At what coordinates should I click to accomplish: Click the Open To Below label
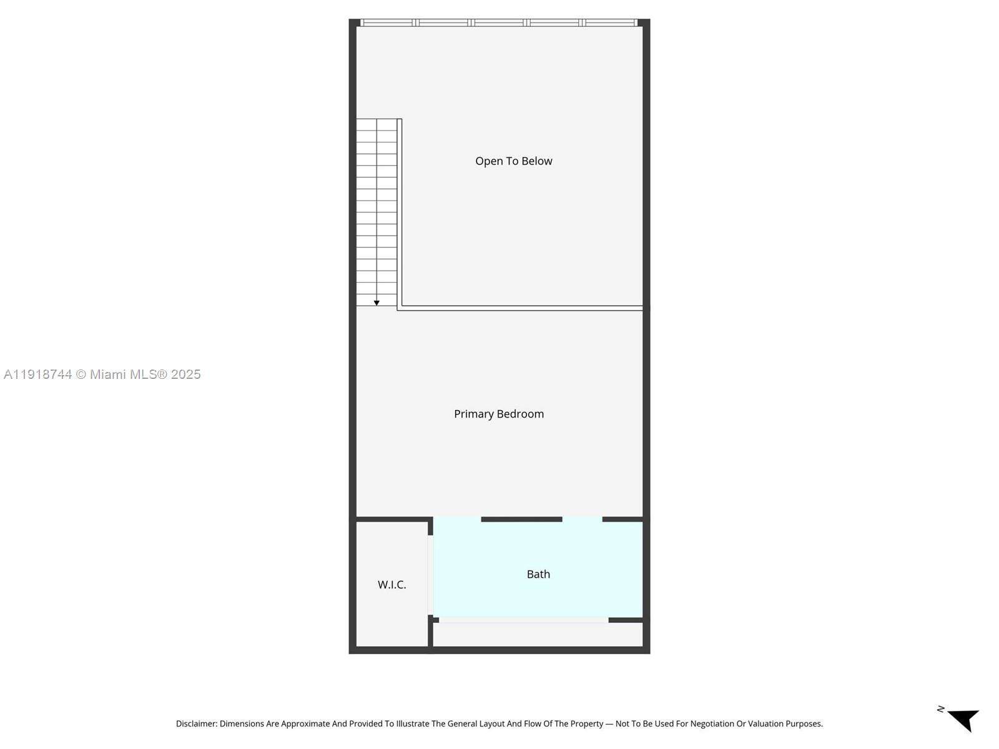click(513, 161)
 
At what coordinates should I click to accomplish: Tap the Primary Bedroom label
click(499, 414)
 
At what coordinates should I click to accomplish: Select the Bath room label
click(538, 574)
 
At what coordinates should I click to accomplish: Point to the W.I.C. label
click(392, 584)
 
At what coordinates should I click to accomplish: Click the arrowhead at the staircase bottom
click(376, 303)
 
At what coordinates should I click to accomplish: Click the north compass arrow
click(964, 720)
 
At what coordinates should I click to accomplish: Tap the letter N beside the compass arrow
click(941, 709)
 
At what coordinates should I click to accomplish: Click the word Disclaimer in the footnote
click(197, 723)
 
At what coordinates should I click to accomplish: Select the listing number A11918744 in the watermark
click(38, 374)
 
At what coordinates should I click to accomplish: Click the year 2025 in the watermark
click(185, 374)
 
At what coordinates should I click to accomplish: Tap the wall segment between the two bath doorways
click(521, 519)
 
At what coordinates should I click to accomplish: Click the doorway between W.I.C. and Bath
click(430, 575)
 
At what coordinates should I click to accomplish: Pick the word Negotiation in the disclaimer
click(712, 723)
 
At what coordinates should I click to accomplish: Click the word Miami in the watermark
click(108, 374)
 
